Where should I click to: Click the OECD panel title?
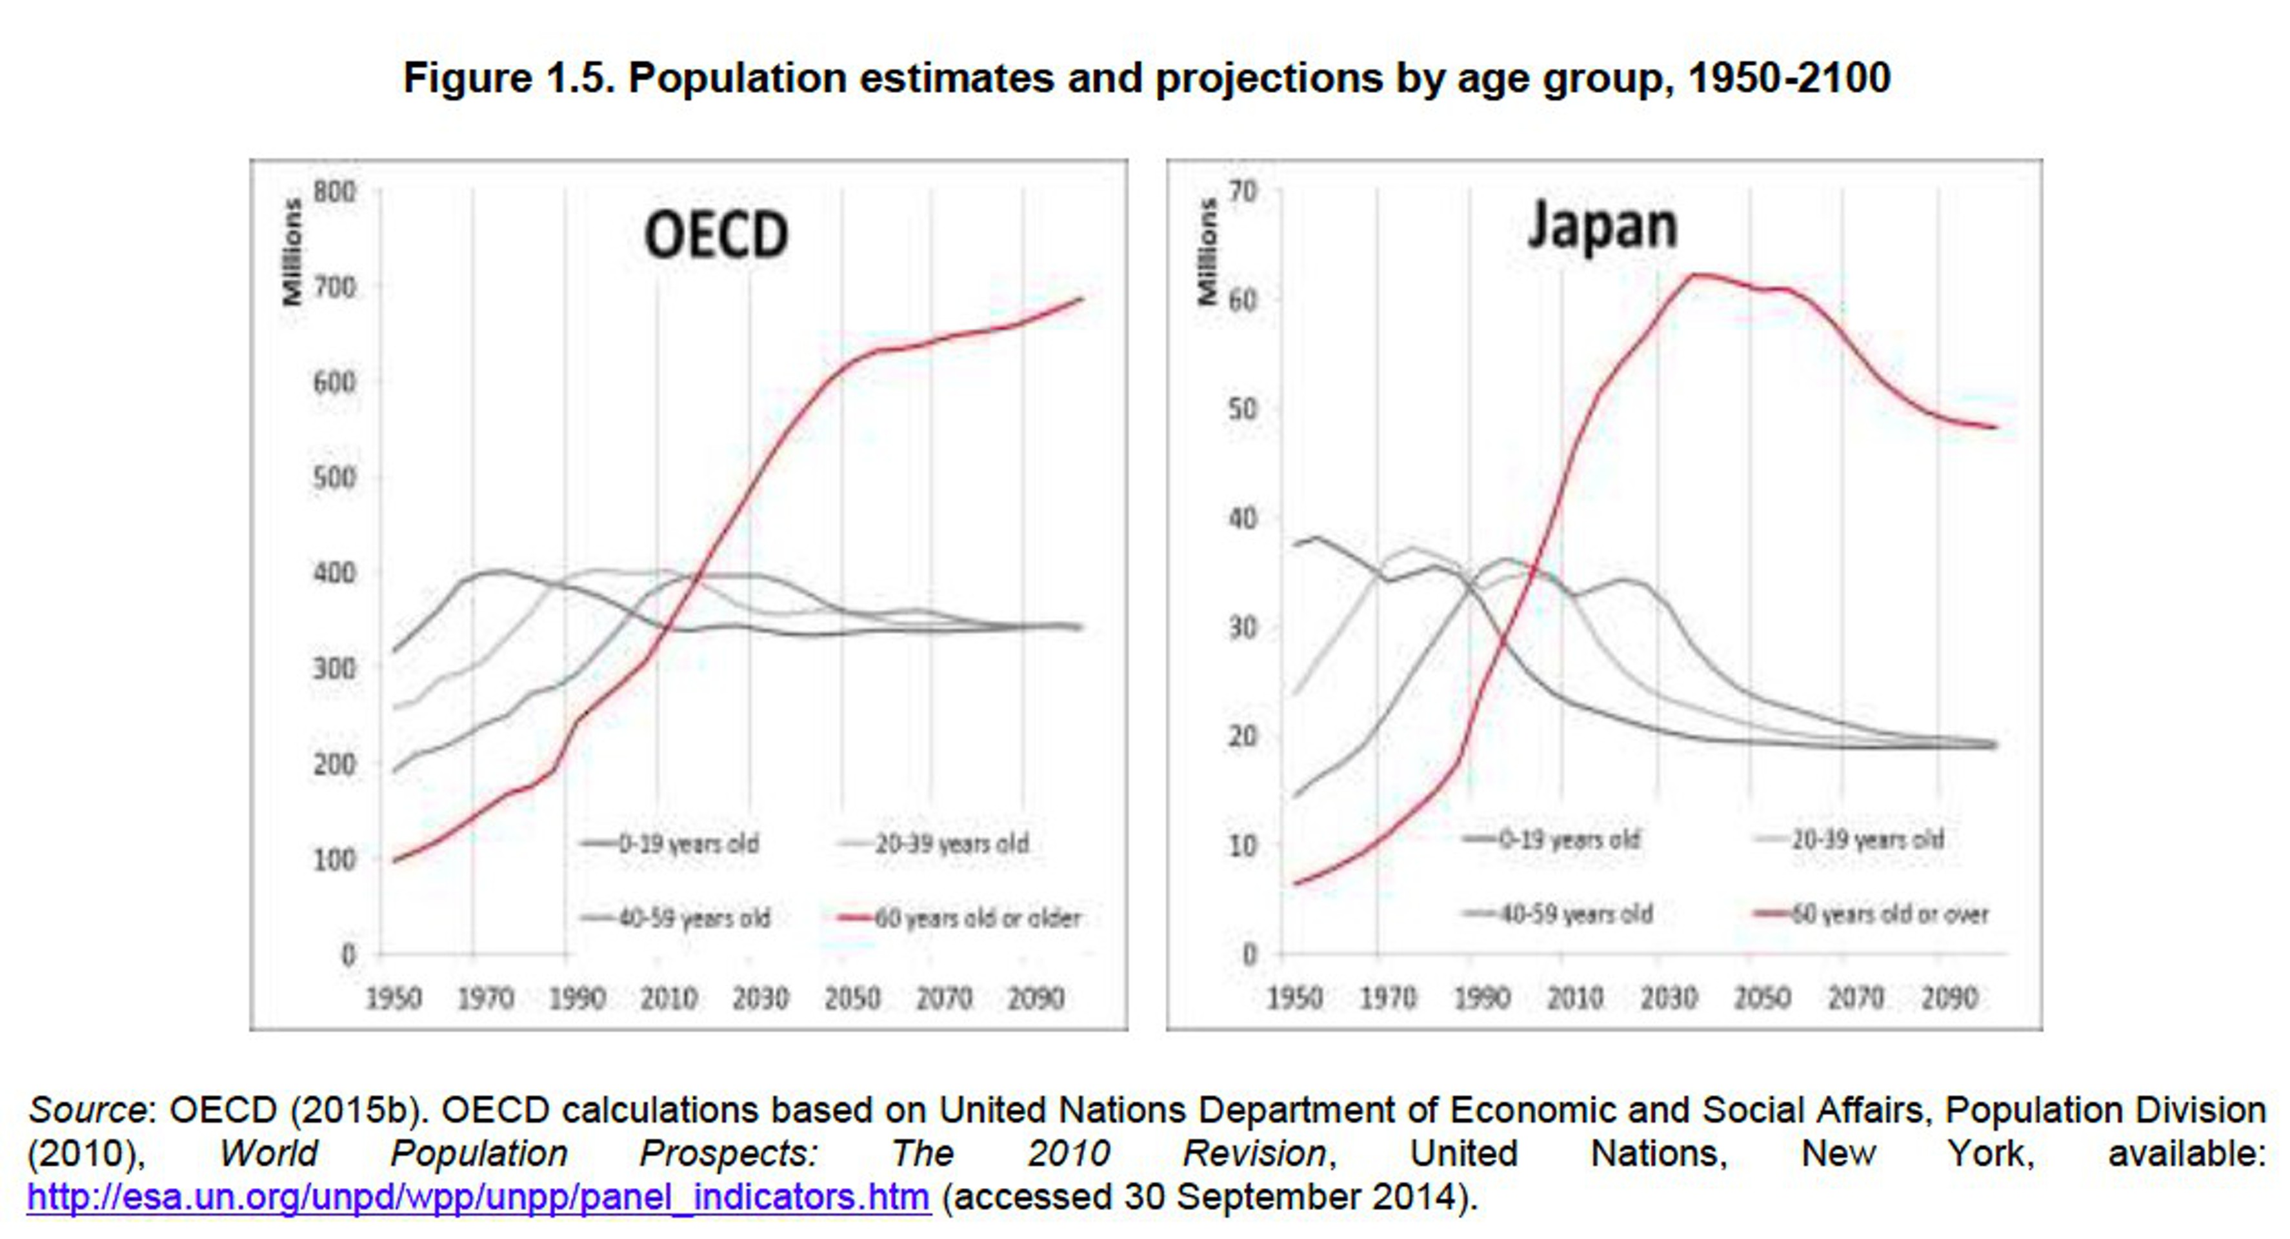coord(716,235)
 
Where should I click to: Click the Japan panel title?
coord(1602,226)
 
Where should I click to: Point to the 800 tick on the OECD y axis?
coord(334,192)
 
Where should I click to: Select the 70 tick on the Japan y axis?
coord(1243,192)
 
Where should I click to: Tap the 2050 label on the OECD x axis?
coord(852,998)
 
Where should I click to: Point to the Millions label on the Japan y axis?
coord(1207,252)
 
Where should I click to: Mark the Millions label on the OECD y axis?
coord(292,252)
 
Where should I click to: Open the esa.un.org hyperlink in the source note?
coord(478,1197)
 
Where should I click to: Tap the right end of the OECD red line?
coord(1081,299)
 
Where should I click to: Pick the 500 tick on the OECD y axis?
coord(334,478)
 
